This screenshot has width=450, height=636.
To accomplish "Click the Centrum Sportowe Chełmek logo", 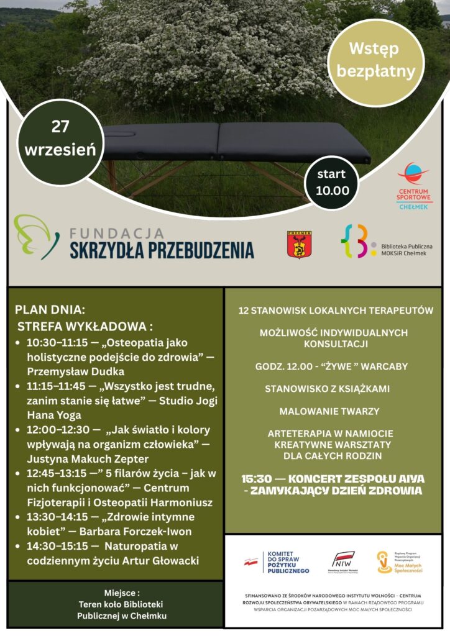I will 414,186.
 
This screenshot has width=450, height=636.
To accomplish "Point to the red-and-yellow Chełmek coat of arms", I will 299,244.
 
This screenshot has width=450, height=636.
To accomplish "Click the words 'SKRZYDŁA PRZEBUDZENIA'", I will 162,250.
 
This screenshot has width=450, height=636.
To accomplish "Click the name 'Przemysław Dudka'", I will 76,371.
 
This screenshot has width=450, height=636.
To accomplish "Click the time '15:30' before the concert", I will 257,479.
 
